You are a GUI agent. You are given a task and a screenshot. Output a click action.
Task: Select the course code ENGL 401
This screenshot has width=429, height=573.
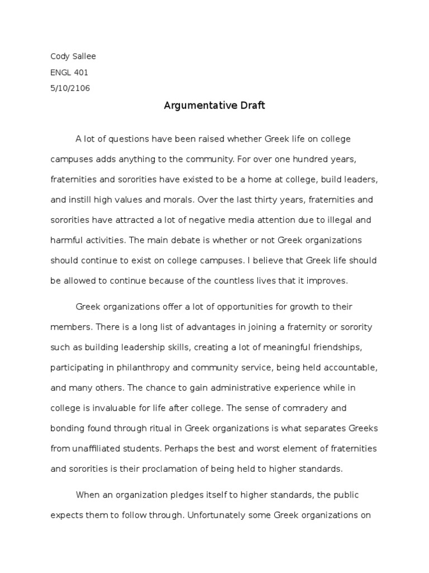point(69,72)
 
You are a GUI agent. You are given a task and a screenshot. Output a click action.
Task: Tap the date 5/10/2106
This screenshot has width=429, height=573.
point(70,88)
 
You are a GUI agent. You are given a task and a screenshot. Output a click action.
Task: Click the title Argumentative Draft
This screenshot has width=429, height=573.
point(214,106)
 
